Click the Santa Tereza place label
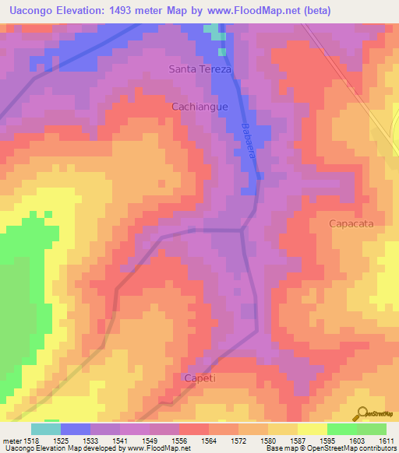tap(201, 69)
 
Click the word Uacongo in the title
tap(35, 11)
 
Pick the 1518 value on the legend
tap(30, 441)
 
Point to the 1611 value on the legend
tap(385, 441)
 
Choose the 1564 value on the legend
tap(208, 441)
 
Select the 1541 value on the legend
tap(119, 441)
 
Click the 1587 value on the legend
tap(297, 441)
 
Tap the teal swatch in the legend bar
tap(45, 429)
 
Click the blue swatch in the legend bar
tap(75, 429)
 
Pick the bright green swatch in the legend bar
tap(341, 429)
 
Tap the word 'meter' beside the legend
tap(11, 441)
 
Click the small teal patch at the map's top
tap(212, 30)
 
